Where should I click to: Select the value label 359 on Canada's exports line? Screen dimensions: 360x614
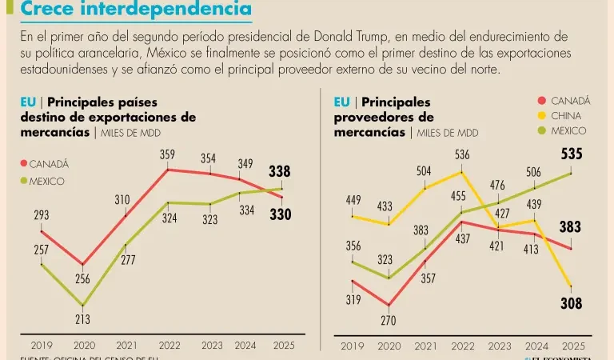click(167, 154)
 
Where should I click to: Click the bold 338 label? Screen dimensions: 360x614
click(279, 171)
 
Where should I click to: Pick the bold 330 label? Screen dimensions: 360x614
click(279, 214)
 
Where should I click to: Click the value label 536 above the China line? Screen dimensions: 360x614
click(461, 154)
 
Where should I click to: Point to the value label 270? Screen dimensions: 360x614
click(388, 321)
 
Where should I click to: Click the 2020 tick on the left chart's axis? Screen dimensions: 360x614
click(82, 346)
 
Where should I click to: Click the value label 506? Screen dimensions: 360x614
click(534, 171)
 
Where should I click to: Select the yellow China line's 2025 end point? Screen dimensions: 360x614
click(570, 286)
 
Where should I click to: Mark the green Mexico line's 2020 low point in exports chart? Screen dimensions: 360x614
click(82, 305)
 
